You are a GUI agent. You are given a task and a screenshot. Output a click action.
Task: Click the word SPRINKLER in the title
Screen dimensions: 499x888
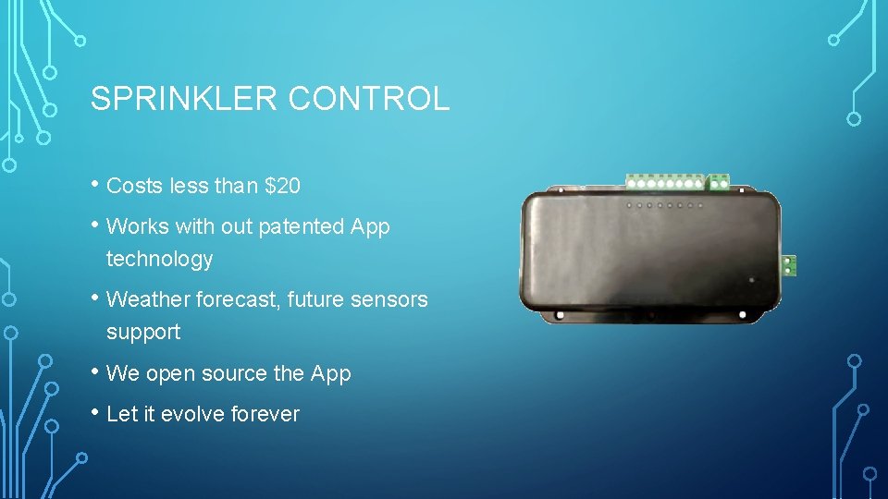184,99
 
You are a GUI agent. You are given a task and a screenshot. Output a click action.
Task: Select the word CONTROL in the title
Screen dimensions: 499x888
370,99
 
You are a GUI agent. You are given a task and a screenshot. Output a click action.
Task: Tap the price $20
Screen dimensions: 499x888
282,186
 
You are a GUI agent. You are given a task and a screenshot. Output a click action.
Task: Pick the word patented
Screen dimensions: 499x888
301,226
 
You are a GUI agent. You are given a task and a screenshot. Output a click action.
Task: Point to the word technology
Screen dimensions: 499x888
159,260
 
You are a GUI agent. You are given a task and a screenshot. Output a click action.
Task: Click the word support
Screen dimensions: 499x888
143,332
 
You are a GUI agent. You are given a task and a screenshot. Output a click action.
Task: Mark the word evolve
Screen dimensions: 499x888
192,414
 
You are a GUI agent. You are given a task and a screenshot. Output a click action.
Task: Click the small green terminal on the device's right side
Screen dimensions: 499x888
789,265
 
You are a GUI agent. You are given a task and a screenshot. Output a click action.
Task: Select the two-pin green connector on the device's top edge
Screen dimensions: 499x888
717,182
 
